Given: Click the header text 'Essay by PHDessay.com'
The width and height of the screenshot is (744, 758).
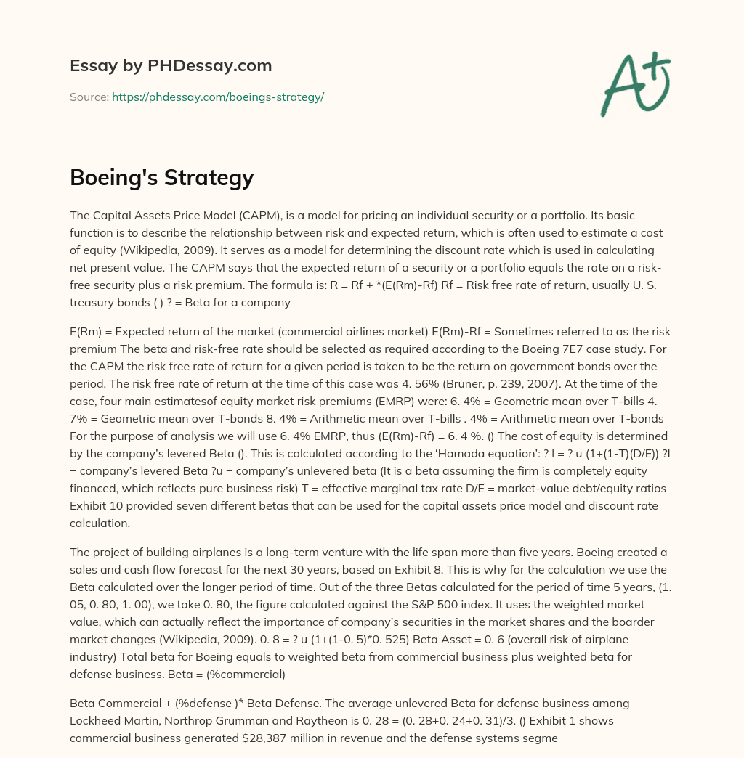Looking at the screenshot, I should click(x=171, y=66).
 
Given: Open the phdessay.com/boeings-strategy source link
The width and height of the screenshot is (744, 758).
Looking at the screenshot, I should click(x=217, y=97).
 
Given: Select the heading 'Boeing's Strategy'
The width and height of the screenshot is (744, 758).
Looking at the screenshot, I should click(x=161, y=177).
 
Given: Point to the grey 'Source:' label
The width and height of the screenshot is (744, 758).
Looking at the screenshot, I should click(x=89, y=97).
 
